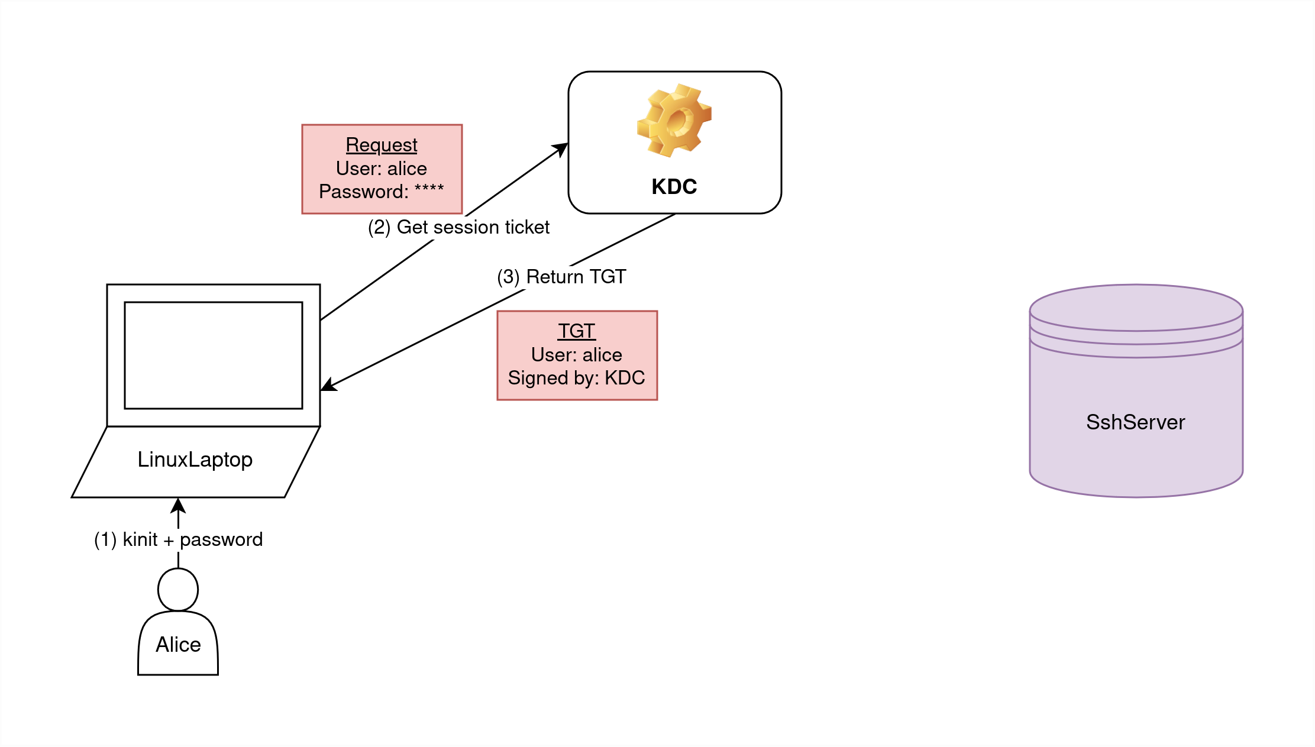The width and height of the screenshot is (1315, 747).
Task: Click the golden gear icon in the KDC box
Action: click(674, 121)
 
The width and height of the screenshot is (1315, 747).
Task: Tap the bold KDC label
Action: click(674, 187)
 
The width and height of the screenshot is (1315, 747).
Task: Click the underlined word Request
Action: click(382, 145)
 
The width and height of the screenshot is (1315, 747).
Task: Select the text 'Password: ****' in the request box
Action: click(381, 192)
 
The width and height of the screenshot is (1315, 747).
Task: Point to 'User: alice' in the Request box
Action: click(381, 169)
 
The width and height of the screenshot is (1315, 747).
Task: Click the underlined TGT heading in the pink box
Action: click(576, 331)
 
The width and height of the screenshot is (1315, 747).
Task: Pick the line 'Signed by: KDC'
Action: click(576, 378)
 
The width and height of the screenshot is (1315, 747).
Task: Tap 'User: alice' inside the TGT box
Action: click(576, 355)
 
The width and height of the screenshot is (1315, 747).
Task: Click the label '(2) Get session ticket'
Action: click(458, 227)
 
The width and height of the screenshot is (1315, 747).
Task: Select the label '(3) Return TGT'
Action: click(561, 277)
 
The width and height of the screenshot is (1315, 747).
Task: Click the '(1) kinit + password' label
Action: click(178, 539)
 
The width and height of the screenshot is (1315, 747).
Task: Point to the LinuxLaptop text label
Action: click(195, 460)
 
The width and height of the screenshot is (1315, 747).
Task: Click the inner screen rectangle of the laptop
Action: click(213, 355)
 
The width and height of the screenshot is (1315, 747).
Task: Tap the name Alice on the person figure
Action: click(178, 645)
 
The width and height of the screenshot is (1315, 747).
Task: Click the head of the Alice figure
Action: click(178, 590)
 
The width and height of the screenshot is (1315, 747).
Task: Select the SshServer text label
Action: click(1135, 422)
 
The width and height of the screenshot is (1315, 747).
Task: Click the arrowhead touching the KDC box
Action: click(560, 148)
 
